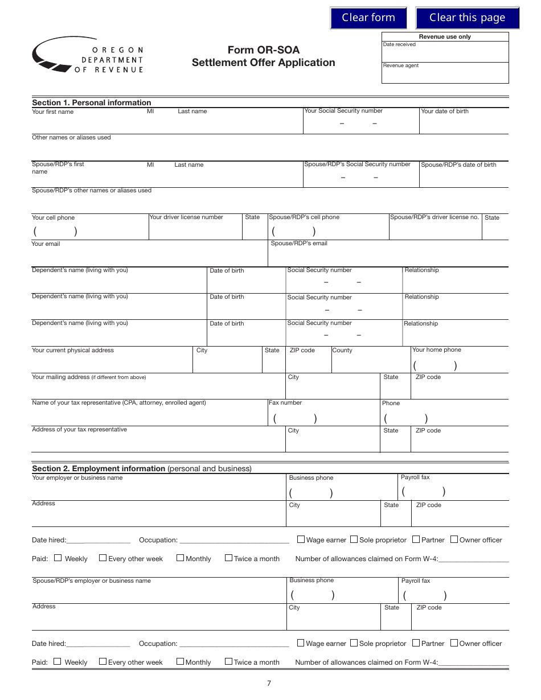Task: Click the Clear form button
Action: pyautogui.click(x=368, y=18)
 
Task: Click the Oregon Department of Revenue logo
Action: pyautogui.click(x=88, y=56)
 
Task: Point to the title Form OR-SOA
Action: pyautogui.click(x=263, y=50)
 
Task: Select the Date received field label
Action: pyautogui.click(x=399, y=44)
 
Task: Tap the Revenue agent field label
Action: pyautogui.click(x=400, y=65)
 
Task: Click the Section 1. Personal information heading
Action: pyautogui.click(x=92, y=102)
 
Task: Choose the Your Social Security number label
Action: pyautogui.click(x=343, y=111)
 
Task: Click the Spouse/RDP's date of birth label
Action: pyautogui.click(x=458, y=165)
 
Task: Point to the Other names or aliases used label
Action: pyautogui.click(x=71, y=138)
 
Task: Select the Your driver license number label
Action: pyautogui.click(x=186, y=217)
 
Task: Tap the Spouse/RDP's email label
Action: pyautogui.click(x=299, y=244)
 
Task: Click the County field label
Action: pyautogui.click(x=342, y=351)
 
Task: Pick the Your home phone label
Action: pyautogui.click(x=436, y=350)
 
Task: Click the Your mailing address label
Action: pyautogui.click(x=89, y=377)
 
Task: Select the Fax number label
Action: pyautogui.click(x=285, y=403)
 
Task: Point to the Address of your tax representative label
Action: pyautogui.click(x=79, y=430)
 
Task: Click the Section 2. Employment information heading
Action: pyautogui.click(x=142, y=468)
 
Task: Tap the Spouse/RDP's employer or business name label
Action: pyautogui.click(x=92, y=581)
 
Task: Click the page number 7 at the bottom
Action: pyautogui.click(x=269, y=683)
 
